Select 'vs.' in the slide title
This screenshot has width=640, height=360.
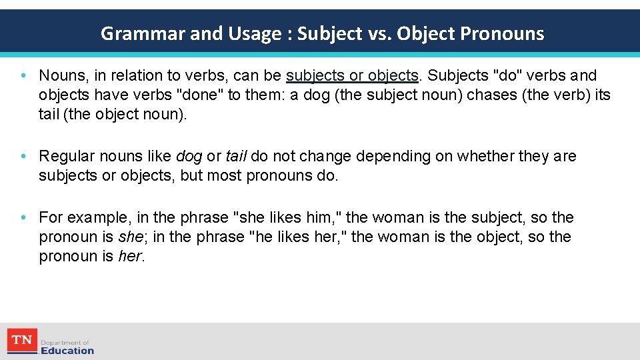pos(381,34)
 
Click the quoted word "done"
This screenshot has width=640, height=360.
pos(200,95)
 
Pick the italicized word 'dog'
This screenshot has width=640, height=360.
pos(189,156)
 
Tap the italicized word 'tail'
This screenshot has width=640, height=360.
pos(237,156)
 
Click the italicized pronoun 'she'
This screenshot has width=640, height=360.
pos(130,237)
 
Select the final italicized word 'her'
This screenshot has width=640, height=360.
pos(129,256)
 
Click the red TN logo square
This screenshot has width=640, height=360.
pos(22,341)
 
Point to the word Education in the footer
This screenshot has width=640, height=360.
pos(67,350)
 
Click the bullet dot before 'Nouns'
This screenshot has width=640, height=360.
pos(23,76)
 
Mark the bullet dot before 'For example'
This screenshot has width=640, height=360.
pos(23,217)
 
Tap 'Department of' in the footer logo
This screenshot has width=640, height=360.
pos(65,342)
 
